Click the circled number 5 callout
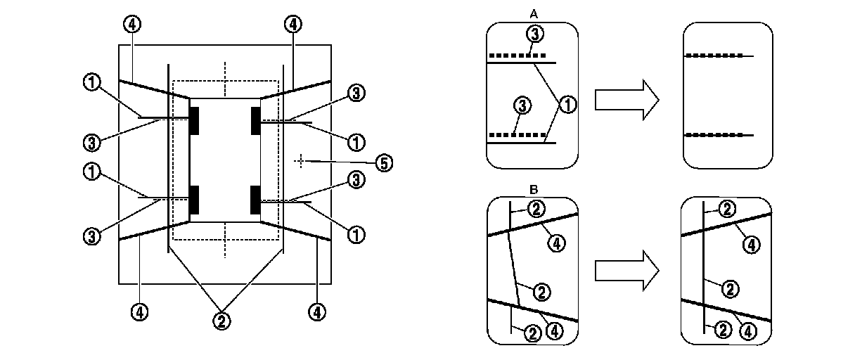coord(383,163)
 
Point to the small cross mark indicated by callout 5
coord(300,161)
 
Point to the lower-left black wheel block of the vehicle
coord(194,199)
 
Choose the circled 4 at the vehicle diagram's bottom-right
coord(318,310)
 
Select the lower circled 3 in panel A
coord(521,106)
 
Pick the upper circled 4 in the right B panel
coord(751,244)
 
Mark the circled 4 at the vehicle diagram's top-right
coord(293,25)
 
